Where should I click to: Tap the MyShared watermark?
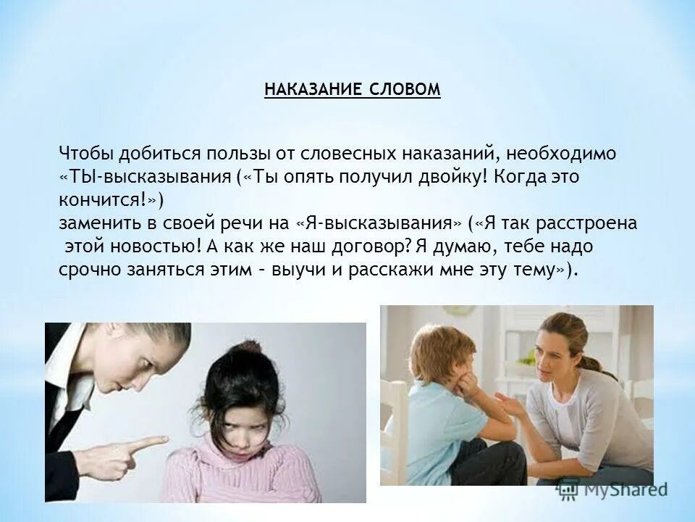pyautogui.click(x=615, y=489)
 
